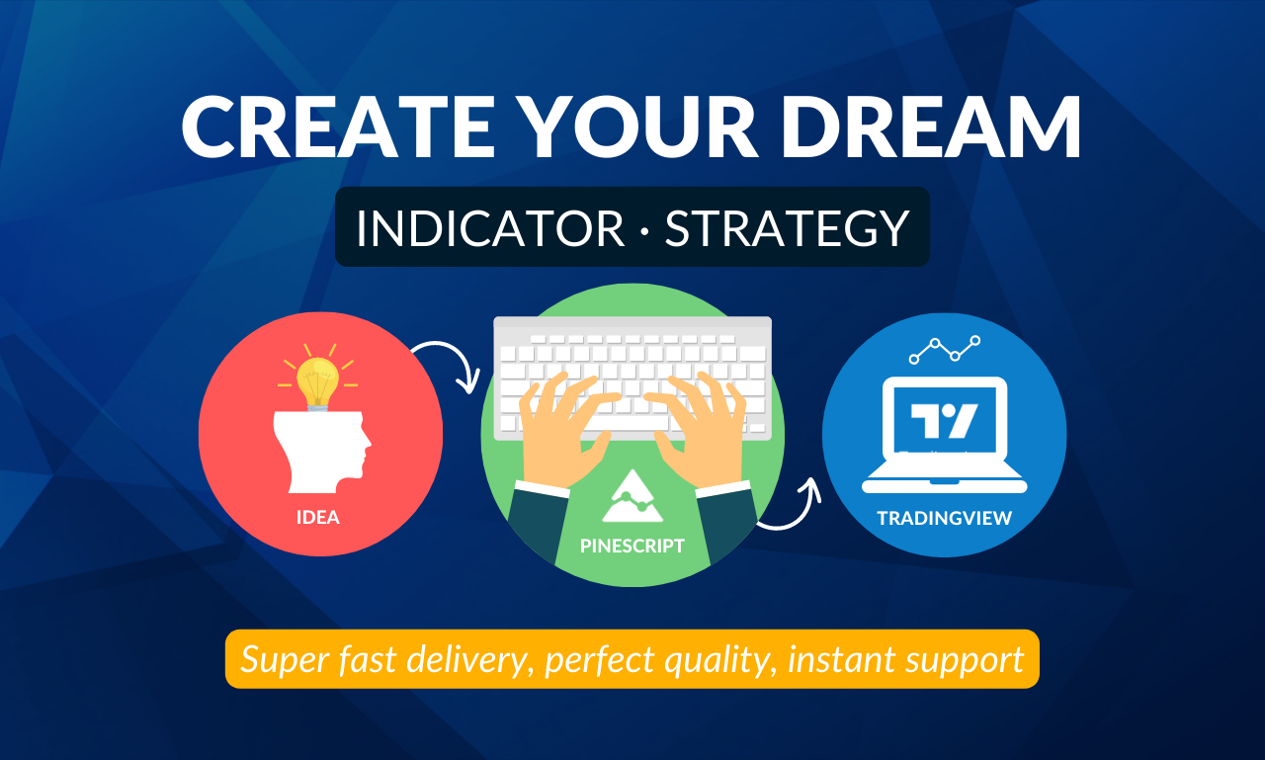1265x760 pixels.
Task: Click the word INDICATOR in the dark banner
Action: [490, 228]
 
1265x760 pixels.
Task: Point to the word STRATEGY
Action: [787, 228]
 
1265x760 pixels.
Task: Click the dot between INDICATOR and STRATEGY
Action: [644, 229]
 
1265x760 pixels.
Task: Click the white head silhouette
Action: [322, 452]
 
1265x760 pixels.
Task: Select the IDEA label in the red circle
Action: [318, 517]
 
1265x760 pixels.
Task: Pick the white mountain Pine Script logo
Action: [632, 496]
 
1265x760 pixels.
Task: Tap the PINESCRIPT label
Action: [632, 546]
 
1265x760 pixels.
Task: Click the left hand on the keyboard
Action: [564, 429]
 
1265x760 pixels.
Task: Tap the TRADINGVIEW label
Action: [944, 518]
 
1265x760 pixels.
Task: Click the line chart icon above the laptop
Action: [944, 350]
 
